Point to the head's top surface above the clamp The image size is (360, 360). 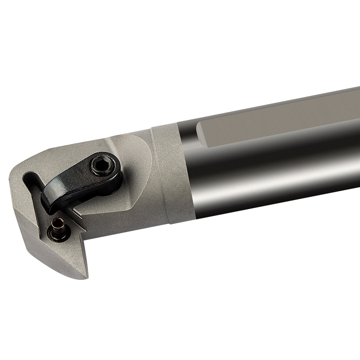[90, 144]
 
